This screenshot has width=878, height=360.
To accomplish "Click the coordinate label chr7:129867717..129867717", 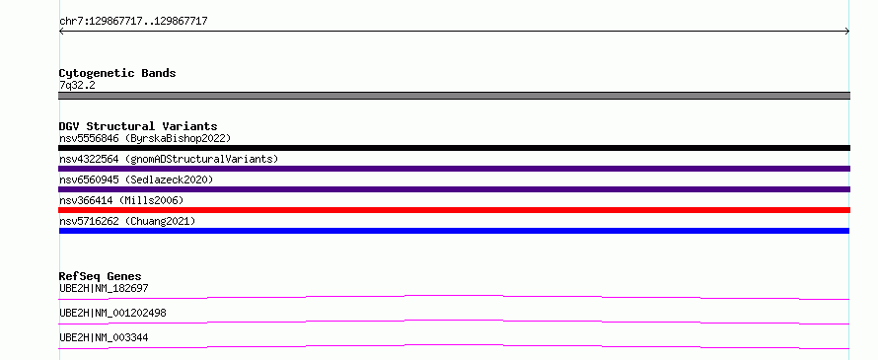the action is click(133, 22).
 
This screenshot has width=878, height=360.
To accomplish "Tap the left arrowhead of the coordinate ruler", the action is click(60, 32).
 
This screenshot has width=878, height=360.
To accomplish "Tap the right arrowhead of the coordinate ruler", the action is click(848, 32).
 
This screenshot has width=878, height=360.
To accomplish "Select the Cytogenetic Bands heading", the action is click(117, 73).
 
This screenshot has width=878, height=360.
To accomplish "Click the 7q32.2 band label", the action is click(77, 86).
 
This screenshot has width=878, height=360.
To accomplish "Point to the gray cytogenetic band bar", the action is click(454, 96).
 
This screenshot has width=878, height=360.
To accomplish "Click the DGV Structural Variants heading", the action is click(138, 126).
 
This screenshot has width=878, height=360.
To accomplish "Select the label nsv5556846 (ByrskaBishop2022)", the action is click(145, 138).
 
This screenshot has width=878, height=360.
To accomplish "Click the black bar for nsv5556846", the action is click(454, 148).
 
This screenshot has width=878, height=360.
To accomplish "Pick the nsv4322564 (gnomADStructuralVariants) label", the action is click(169, 159).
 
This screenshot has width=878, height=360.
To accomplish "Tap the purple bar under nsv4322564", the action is click(454, 169).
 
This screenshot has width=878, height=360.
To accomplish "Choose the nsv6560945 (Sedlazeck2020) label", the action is click(136, 180).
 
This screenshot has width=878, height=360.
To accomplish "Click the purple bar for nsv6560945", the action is click(454, 189).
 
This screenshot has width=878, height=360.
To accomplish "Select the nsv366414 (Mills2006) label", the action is click(121, 200).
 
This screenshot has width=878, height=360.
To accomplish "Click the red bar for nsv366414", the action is click(454, 210).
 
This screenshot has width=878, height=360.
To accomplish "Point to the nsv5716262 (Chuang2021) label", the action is click(127, 221).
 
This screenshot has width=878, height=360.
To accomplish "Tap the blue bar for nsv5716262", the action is click(454, 231).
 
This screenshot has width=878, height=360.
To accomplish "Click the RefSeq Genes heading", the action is click(101, 276).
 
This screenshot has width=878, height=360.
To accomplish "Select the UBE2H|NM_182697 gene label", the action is click(104, 288).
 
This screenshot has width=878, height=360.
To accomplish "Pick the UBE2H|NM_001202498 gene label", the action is click(112, 313).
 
